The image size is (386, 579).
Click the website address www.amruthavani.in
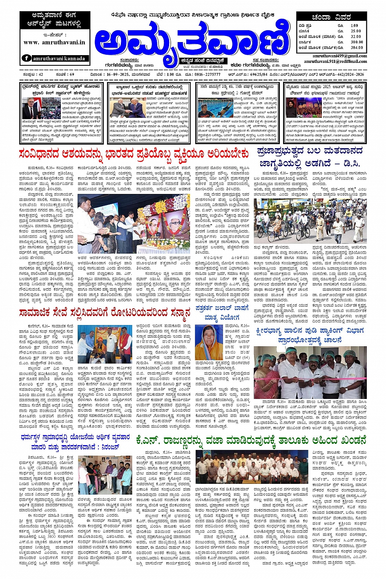click(54, 42)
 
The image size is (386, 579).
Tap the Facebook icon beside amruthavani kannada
click(27, 58)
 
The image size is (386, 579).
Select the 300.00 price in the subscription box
click(356, 42)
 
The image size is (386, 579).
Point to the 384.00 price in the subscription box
click(356, 48)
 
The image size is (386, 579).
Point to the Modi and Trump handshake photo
click(125, 108)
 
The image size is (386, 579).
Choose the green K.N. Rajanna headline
click(250, 441)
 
